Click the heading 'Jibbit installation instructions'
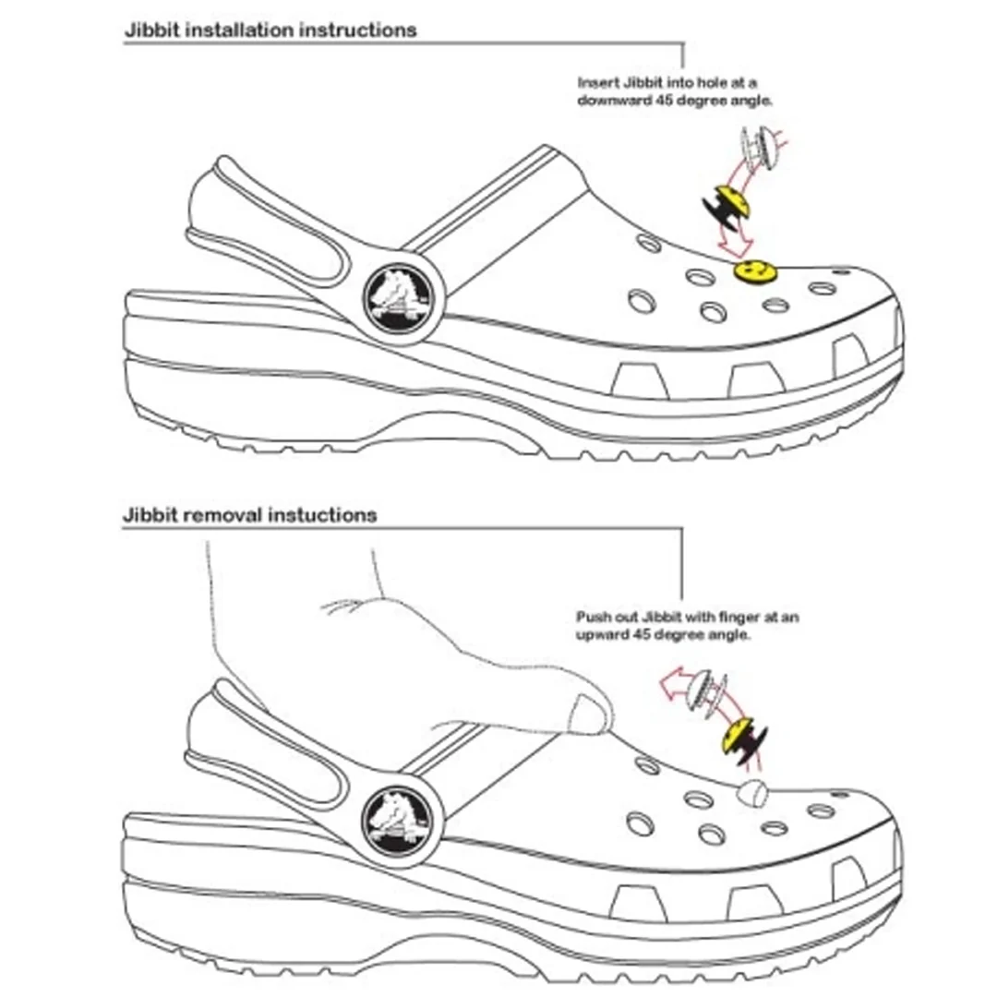270,30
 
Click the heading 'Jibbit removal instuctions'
250,515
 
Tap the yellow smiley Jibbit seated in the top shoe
754,271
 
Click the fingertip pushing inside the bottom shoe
589,714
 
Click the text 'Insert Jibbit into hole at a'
667,82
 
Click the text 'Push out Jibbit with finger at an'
687,617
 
